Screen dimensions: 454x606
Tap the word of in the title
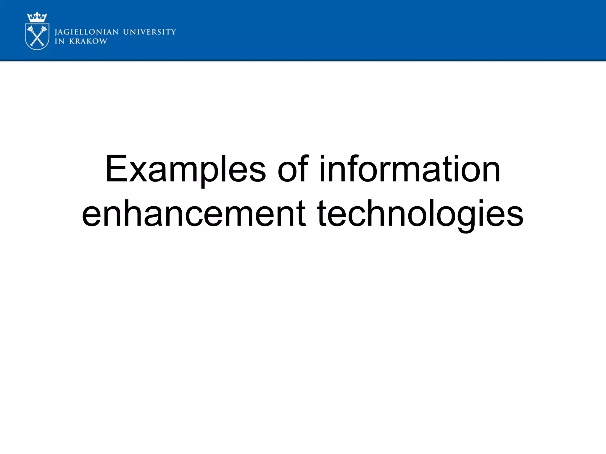click(293, 169)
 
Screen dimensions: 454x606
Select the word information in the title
click(410, 169)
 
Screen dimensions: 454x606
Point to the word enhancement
click(194, 214)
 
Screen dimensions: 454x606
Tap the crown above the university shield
click(37, 17)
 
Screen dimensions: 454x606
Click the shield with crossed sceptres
click(37, 37)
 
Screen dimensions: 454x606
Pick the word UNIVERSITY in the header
click(149, 32)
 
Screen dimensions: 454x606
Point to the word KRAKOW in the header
click(88, 41)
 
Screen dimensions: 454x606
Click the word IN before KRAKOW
click(59, 41)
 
